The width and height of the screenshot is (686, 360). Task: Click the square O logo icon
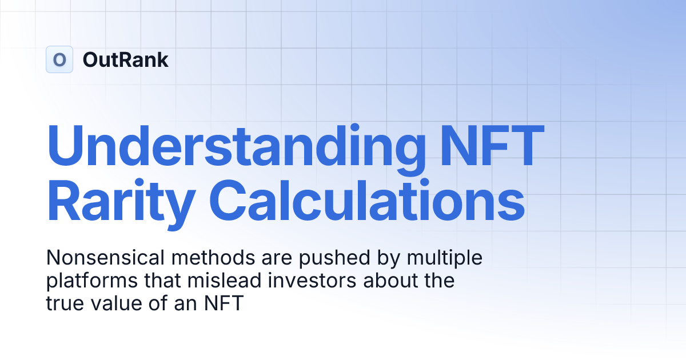59,59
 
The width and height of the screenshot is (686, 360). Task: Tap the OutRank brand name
125,59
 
